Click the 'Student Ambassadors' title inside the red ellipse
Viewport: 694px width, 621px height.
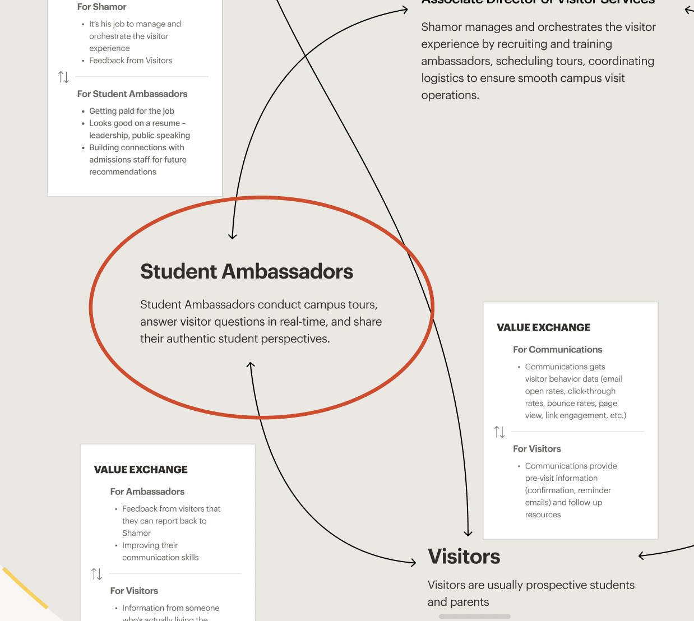tap(247, 272)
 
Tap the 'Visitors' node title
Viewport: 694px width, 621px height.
tap(464, 557)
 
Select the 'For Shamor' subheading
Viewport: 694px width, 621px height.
tap(101, 7)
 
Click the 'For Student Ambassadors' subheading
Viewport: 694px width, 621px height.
tap(132, 94)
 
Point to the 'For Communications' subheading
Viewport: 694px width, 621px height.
tap(557, 349)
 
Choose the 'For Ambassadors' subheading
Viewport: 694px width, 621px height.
tap(147, 492)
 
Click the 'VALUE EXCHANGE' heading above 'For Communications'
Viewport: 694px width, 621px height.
tap(543, 327)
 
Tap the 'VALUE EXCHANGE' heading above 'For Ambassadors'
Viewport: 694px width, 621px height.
tap(141, 470)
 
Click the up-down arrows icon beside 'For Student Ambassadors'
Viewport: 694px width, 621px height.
tap(64, 77)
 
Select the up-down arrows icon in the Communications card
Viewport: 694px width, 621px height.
tap(499, 432)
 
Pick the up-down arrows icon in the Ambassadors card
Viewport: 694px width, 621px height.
tap(97, 574)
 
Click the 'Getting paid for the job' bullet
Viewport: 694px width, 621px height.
tap(132, 111)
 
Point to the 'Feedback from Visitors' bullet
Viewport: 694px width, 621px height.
tap(131, 61)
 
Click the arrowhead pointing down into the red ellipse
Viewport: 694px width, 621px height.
tap(233, 236)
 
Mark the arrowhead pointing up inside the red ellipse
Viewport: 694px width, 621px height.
tap(251, 365)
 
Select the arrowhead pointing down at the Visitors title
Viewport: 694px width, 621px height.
tap(468, 533)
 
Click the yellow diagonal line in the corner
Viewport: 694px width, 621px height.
tap(25, 588)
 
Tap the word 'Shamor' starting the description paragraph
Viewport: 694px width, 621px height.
tap(439, 27)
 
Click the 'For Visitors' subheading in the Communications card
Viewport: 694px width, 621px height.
tap(536, 448)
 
